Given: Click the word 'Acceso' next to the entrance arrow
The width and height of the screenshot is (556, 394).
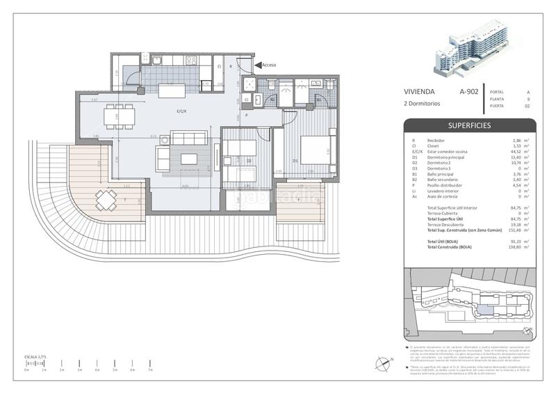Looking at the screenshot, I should pos(270,65).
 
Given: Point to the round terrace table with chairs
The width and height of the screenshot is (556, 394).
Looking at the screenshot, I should pos(106,200).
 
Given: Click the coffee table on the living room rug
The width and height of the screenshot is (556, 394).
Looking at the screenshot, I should pos(189,159).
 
